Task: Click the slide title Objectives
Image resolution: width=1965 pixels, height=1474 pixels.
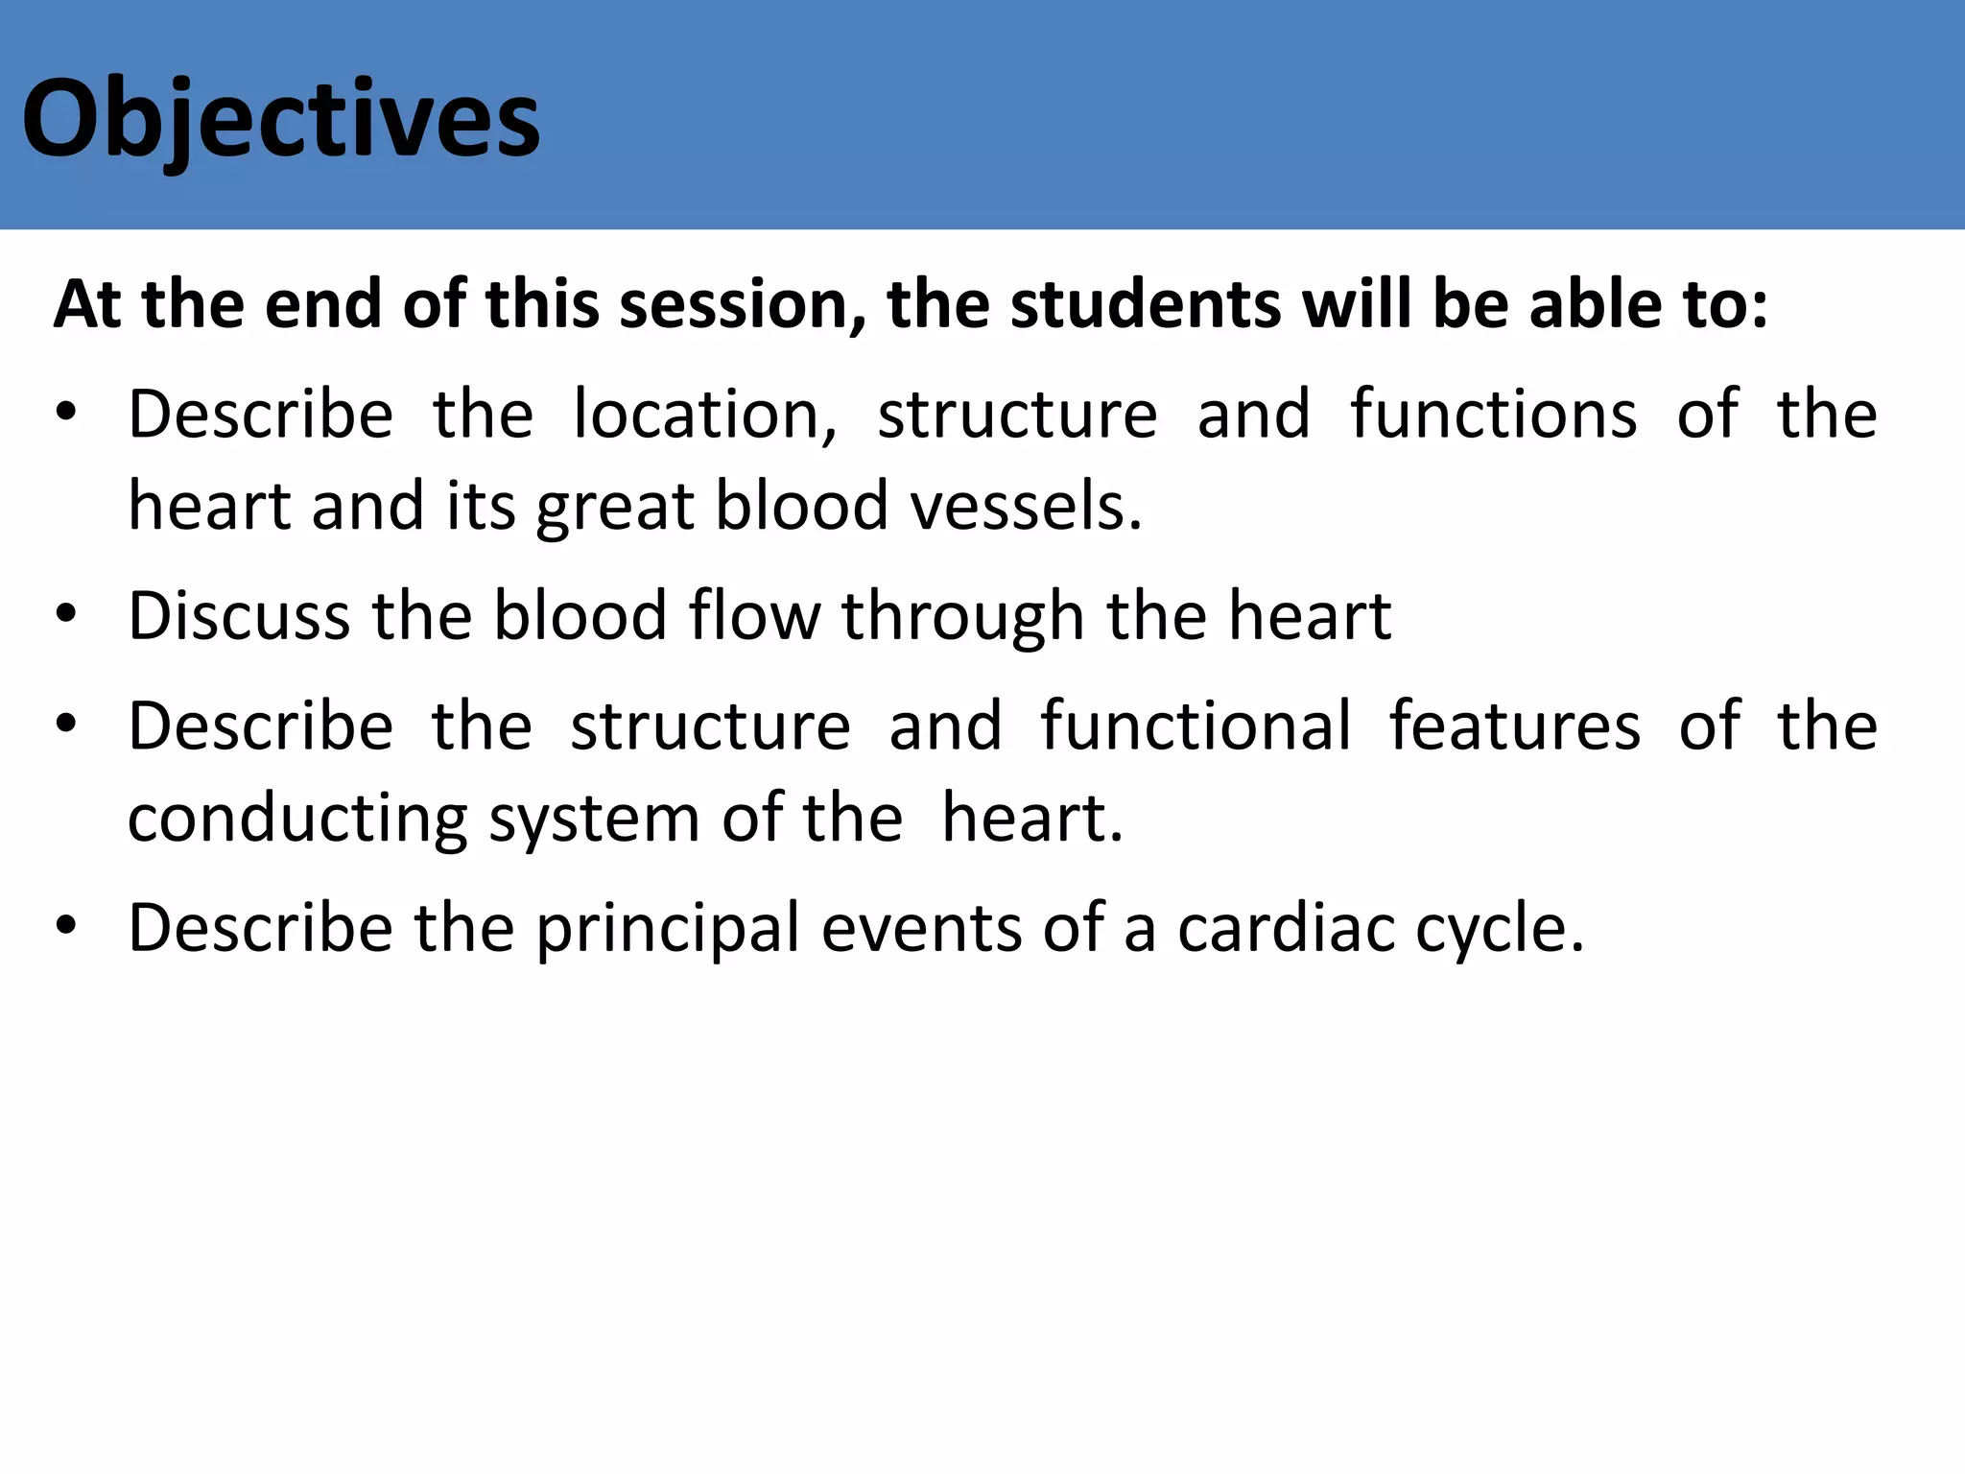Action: (280, 120)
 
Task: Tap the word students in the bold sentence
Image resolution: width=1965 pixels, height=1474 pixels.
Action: (1146, 304)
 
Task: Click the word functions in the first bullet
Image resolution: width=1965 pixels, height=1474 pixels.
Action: (1493, 414)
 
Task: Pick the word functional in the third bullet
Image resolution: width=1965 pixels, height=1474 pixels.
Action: (1196, 725)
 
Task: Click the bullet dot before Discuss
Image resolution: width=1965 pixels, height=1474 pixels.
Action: (65, 615)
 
